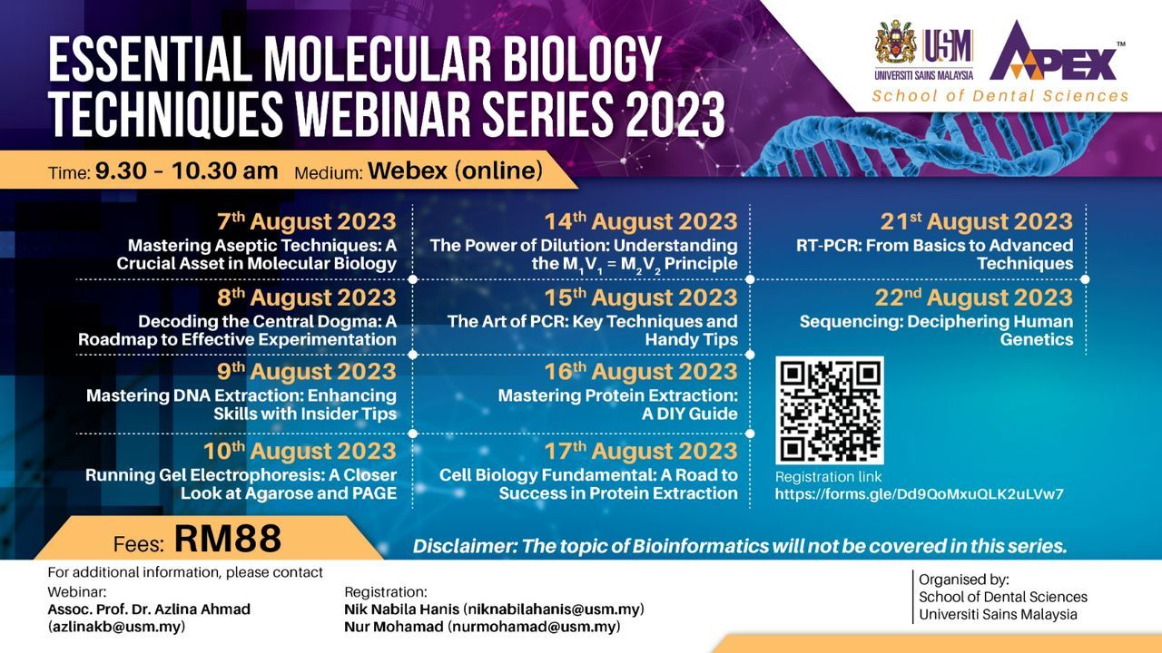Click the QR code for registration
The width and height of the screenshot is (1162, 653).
[x=830, y=410]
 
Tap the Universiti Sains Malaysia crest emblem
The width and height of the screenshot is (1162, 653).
[x=895, y=43]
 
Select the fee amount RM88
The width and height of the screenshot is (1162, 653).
[x=228, y=539]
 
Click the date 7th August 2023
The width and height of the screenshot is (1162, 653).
[x=307, y=221]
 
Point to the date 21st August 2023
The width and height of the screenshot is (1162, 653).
[x=976, y=221]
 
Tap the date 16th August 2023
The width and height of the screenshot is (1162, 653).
[x=641, y=372]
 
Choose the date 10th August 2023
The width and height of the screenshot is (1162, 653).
[x=300, y=451]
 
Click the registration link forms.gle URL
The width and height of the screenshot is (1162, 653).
[x=920, y=494]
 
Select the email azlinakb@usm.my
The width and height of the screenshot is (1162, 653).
[x=116, y=627]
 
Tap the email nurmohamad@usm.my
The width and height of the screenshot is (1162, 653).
[x=535, y=627]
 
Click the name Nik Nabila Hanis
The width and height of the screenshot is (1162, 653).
[x=401, y=609]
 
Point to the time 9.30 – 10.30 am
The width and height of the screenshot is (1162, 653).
[x=186, y=171]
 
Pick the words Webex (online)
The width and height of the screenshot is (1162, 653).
[x=456, y=171]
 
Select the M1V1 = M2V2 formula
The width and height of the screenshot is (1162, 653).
[x=612, y=265]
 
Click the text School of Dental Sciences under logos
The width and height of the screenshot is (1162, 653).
[x=1000, y=96]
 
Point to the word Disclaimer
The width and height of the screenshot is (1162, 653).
[x=465, y=546]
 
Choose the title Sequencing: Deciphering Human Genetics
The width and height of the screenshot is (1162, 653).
[x=936, y=330]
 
